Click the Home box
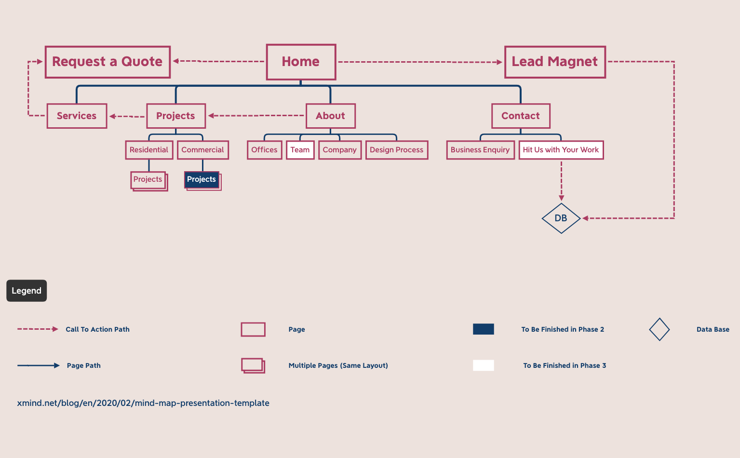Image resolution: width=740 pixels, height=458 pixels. click(301, 62)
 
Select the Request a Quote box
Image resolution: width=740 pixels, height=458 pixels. click(108, 62)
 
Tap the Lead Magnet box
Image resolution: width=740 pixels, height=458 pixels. click(555, 62)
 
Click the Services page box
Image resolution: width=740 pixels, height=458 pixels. click(77, 116)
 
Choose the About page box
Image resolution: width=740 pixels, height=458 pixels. click(330, 116)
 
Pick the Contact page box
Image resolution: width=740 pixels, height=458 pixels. click(521, 116)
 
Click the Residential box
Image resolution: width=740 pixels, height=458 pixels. click(149, 150)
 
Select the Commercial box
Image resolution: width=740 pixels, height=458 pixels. click(202, 150)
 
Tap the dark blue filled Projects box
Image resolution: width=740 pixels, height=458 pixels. click(202, 179)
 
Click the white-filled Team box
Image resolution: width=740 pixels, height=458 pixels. click(300, 150)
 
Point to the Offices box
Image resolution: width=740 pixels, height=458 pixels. click(264, 150)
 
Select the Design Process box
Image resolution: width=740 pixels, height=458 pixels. click(396, 150)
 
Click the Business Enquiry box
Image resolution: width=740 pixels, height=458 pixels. click(480, 150)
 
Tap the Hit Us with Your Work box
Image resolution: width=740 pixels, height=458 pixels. click(561, 150)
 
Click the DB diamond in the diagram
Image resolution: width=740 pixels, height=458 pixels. click(561, 218)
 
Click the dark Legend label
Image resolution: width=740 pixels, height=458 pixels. click(27, 291)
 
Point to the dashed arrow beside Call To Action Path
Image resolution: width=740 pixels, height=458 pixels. click(38, 329)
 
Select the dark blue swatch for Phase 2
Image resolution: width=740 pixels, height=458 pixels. click(484, 329)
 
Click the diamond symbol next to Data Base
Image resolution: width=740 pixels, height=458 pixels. click(659, 329)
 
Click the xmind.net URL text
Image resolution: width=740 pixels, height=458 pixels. click(143, 403)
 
